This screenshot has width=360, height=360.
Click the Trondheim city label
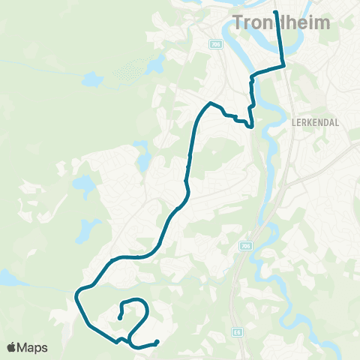click(x=282, y=22)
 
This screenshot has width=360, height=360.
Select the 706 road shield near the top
click(x=217, y=45)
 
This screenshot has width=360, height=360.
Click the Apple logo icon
click(x=12, y=347)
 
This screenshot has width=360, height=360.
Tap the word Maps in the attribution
click(x=33, y=347)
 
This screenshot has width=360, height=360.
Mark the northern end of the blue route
click(x=276, y=13)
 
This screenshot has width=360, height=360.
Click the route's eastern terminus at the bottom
click(x=157, y=343)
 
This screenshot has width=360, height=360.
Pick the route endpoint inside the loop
click(x=120, y=319)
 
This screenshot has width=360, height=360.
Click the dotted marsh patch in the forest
click(x=130, y=71)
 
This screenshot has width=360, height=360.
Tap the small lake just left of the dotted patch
click(x=91, y=77)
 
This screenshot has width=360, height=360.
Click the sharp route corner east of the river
click(x=284, y=66)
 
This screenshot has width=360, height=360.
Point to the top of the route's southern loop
click(x=134, y=301)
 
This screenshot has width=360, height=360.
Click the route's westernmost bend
click(x=76, y=297)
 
